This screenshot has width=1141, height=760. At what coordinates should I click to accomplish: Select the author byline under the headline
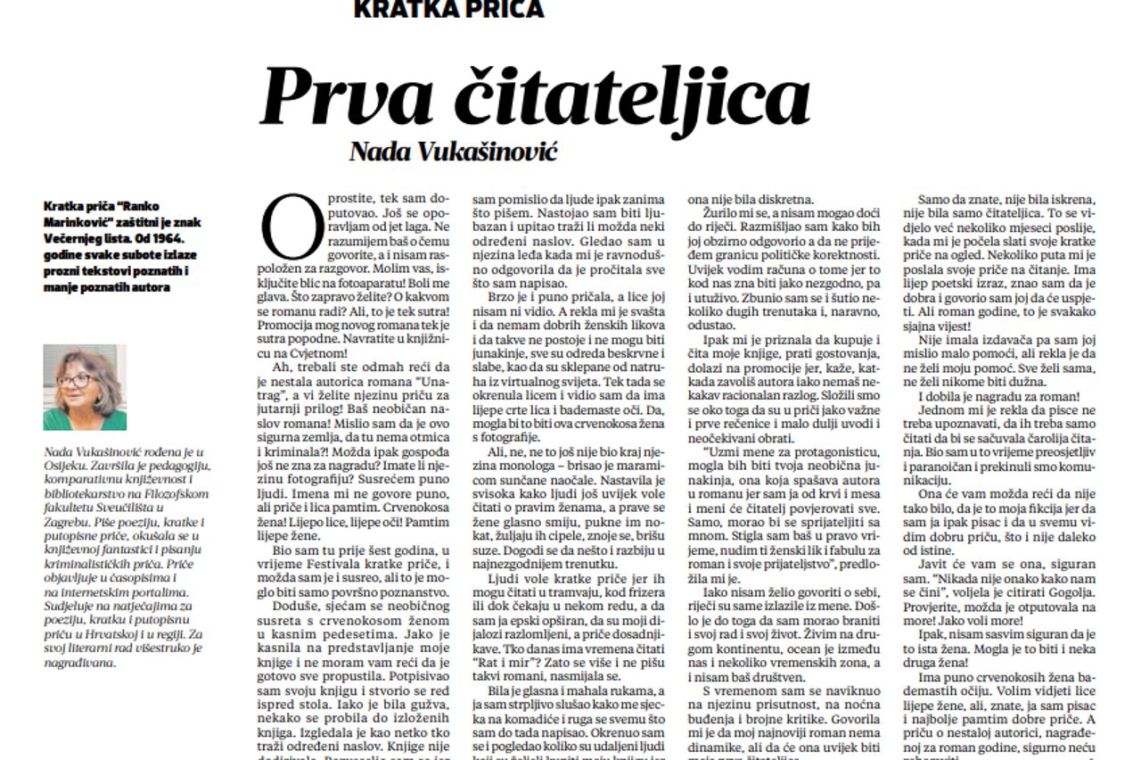(453, 151)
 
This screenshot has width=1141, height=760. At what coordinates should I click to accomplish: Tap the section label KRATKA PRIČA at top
(448, 9)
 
